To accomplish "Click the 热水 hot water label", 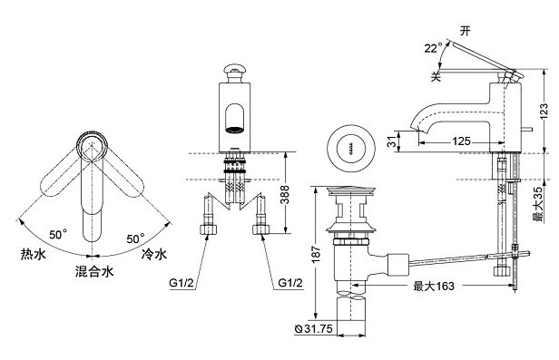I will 32,256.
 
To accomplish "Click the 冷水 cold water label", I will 154,256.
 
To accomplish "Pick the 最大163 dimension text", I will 433,287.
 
